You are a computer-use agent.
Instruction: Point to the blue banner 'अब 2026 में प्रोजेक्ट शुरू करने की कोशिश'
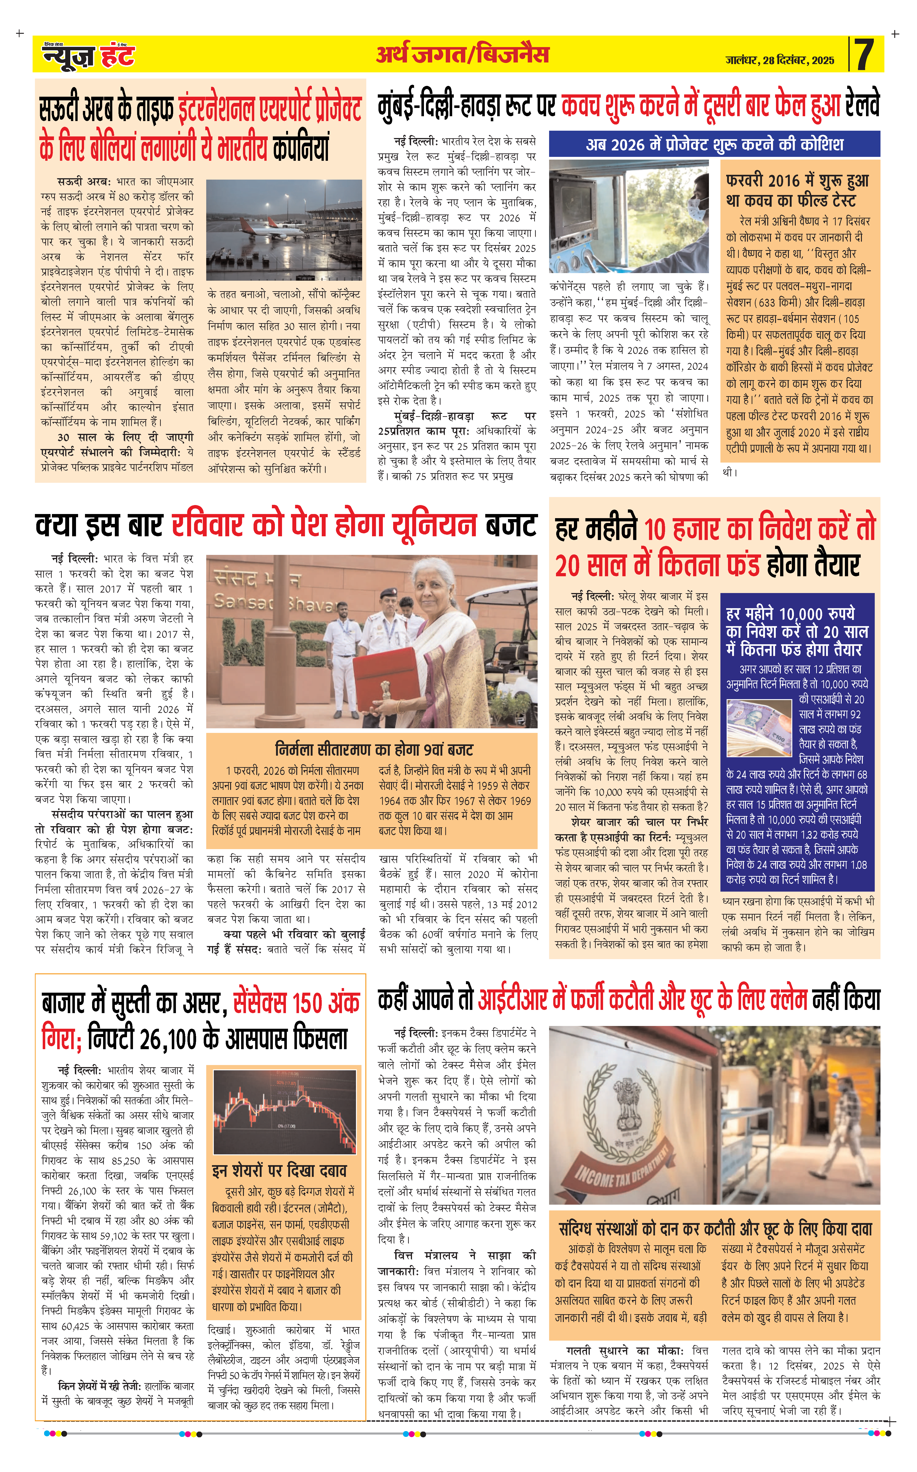[x=714, y=144]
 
